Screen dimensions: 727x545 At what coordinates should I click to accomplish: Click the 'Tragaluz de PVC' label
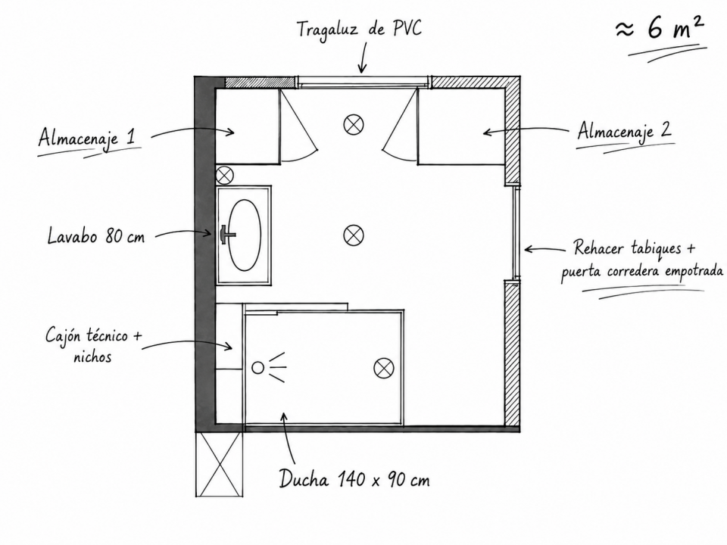pos(359,30)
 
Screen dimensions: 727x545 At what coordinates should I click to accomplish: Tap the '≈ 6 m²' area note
pos(660,30)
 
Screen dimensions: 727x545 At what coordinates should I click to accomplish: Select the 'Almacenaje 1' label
pos(86,137)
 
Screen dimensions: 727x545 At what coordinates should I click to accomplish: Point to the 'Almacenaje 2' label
pos(624,132)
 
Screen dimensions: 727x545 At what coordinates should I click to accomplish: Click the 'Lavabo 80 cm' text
pos(96,236)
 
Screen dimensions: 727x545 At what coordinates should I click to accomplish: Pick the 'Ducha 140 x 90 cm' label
pos(354,478)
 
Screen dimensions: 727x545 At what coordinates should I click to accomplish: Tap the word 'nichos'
pos(92,357)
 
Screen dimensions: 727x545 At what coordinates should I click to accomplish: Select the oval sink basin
pos(245,235)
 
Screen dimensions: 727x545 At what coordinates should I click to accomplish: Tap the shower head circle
pos(257,368)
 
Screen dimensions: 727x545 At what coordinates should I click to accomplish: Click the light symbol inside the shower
pos(384,369)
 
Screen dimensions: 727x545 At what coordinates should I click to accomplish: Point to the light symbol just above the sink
pos(226,176)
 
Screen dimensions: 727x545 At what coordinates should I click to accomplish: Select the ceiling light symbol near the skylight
pos(354,124)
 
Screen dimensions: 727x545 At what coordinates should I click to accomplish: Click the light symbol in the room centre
pos(354,235)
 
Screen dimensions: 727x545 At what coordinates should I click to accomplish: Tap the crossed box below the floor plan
pos(219,464)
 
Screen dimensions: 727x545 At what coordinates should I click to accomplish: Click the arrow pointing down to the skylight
pos(363,58)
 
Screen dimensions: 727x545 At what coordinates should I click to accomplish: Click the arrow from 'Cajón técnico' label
pos(186,344)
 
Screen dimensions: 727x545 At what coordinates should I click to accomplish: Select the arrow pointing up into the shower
pos(289,438)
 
